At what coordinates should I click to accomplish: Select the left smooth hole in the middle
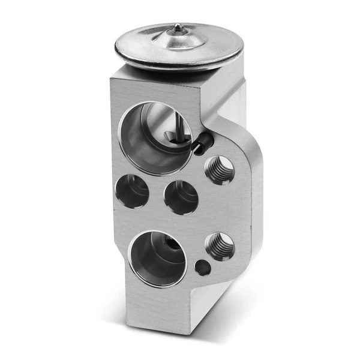pyautogui.click(x=133, y=191)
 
